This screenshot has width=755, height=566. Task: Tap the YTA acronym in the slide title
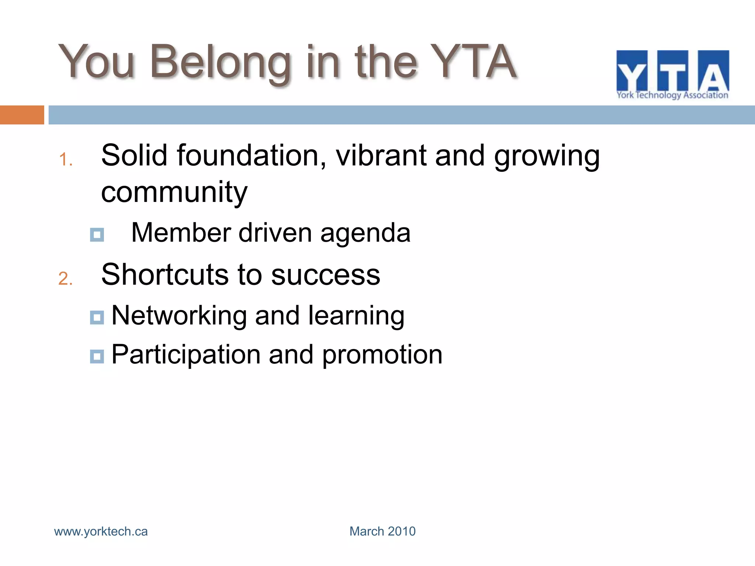coord(473,62)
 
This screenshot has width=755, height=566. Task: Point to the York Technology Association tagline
coord(672,95)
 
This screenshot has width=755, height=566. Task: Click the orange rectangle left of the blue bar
coord(22,115)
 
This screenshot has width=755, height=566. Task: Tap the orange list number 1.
coord(65,160)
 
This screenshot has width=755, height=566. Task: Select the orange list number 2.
coord(65,279)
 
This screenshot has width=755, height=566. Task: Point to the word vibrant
coord(381,156)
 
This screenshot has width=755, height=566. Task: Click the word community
coord(174,192)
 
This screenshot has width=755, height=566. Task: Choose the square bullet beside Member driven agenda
coord(97,234)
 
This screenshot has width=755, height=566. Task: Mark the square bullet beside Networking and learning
coord(97,317)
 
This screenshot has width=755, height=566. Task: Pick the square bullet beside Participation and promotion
coord(97,356)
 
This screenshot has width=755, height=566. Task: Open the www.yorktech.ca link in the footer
coord(101,531)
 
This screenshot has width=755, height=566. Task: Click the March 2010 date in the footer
coord(382,531)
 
